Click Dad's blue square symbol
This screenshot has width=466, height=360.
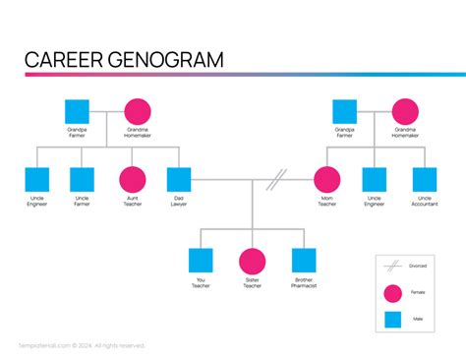click(x=178, y=179)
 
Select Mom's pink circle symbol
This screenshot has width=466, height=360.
click(x=326, y=179)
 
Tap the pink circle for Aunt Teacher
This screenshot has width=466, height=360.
click(x=132, y=179)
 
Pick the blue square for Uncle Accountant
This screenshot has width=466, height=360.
click(x=424, y=179)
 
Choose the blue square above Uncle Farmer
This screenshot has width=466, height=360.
click(x=83, y=179)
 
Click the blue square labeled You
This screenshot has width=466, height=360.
click(x=201, y=260)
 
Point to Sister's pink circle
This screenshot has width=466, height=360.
click(x=253, y=260)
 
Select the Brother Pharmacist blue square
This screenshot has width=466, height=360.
click(x=304, y=260)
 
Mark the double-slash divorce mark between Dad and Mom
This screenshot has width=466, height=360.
click(x=277, y=178)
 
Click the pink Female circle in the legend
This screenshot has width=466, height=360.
click(x=393, y=293)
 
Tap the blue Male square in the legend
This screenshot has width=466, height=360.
click(x=393, y=320)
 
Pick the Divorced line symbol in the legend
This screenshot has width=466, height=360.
click(x=392, y=266)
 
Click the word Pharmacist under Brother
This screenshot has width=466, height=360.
click(x=304, y=285)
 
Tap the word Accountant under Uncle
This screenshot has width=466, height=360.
click(x=424, y=205)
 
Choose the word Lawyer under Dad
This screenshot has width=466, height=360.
click(x=178, y=205)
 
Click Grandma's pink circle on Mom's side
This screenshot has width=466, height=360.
click(x=405, y=111)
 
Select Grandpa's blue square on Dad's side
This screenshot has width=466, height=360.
click(x=77, y=111)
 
